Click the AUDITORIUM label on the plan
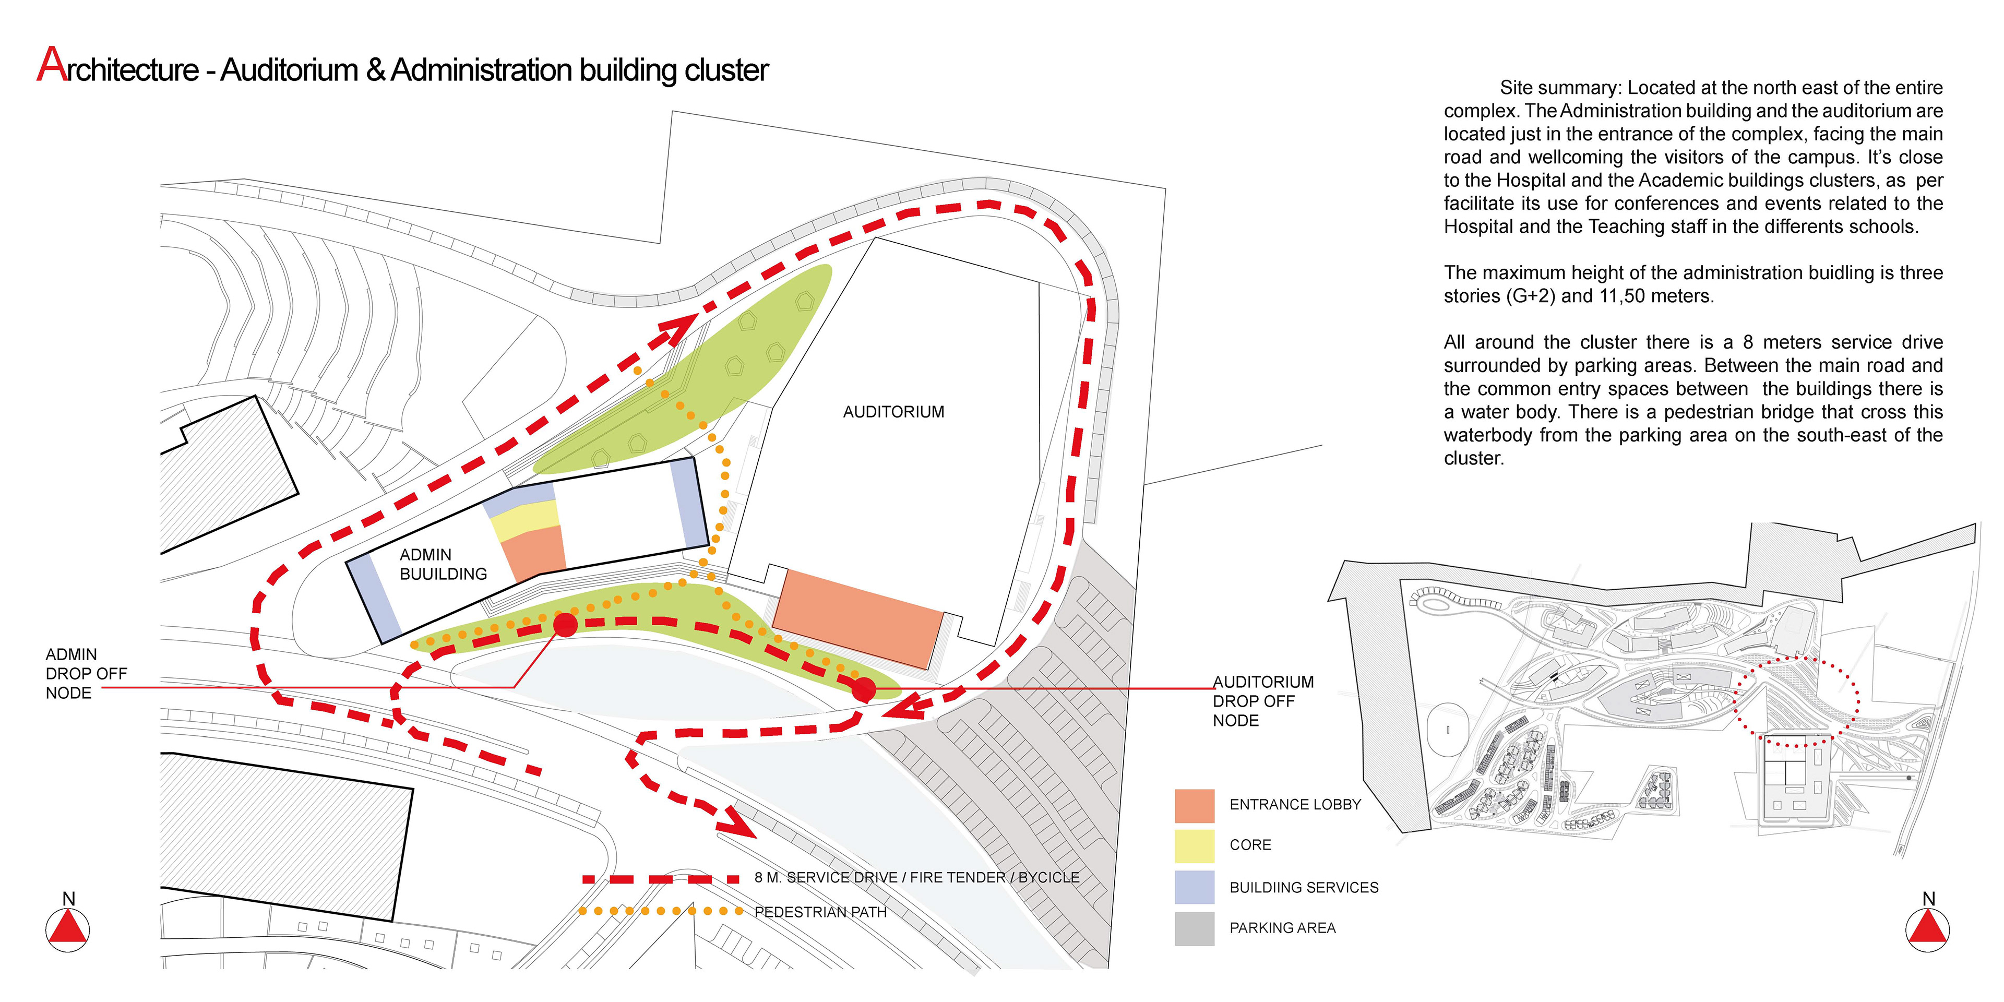893,412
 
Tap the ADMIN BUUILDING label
443,564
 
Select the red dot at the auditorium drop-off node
864,689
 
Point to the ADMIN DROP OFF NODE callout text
86,674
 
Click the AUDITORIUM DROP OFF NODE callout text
1262,701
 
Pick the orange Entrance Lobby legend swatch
1194,806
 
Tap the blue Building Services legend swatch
1194,887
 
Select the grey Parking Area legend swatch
1194,928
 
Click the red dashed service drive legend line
661,879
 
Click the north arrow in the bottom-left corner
68,927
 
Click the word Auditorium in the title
289,70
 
